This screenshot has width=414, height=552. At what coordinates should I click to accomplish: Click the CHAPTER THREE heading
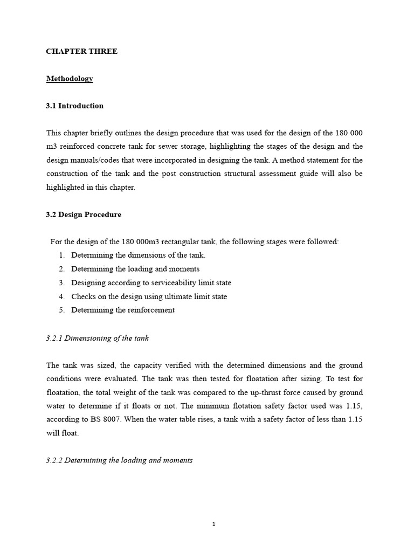(x=81, y=52)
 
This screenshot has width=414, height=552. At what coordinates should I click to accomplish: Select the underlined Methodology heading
(x=70, y=79)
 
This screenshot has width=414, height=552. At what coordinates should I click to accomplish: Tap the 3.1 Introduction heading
(x=75, y=106)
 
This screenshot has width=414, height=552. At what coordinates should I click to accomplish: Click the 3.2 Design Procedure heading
(x=84, y=215)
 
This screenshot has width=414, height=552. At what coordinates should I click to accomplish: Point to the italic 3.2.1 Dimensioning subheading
(x=98, y=338)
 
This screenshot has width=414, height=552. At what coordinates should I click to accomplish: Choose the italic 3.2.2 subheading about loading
(x=119, y=460)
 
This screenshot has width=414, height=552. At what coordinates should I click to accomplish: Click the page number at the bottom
(x=214, y=524)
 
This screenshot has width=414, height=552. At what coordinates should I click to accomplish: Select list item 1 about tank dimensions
(x=138, y=255)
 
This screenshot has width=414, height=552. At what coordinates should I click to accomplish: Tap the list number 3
(x=61, y=282)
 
